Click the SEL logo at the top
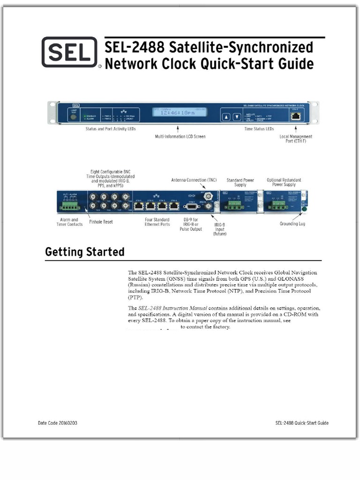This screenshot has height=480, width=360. coord(69,52)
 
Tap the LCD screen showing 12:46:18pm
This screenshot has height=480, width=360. coord(177,113)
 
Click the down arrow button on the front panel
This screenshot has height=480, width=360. coord(237,117)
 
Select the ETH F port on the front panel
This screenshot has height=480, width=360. coord(296,116)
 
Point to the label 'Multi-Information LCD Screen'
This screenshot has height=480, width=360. coord(180,136)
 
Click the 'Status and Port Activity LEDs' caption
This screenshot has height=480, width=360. coord(110,128)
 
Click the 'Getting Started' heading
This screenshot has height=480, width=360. coord(85,252)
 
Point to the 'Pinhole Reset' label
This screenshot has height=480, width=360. coord(101,222)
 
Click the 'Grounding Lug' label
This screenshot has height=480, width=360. coord(292,224)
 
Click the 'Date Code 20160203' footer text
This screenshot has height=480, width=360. coord(58,423)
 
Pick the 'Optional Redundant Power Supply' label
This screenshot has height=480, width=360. coord(284,182)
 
